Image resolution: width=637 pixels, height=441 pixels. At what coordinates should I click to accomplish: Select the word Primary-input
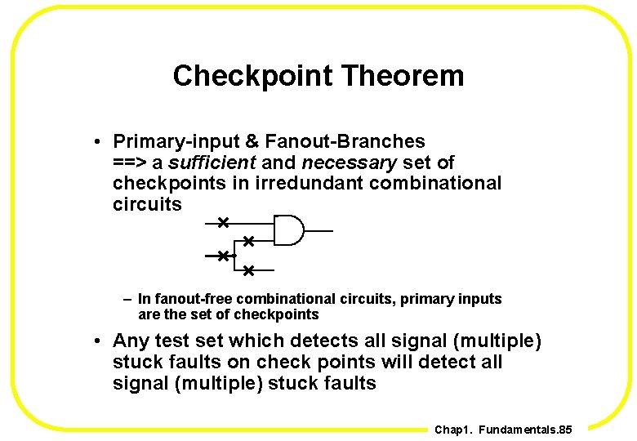[167, 142]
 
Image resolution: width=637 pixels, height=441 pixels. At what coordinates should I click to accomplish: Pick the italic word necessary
[349, 163]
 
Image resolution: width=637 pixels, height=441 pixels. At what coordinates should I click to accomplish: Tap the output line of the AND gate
[318, 231]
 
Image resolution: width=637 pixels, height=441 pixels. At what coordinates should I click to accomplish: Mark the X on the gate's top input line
[223, 222]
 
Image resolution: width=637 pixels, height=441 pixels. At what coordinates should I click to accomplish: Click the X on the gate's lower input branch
[248, 241]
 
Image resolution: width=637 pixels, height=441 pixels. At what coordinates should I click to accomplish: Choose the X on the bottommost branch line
[248, 269]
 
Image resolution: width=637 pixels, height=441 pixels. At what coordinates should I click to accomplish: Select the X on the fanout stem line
[222, 256]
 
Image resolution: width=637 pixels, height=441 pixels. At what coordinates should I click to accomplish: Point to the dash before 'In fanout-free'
[128, 299]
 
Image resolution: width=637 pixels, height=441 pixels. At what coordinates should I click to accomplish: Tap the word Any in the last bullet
[131, 341]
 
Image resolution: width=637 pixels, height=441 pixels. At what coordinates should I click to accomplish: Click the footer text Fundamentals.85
[526, 430]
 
